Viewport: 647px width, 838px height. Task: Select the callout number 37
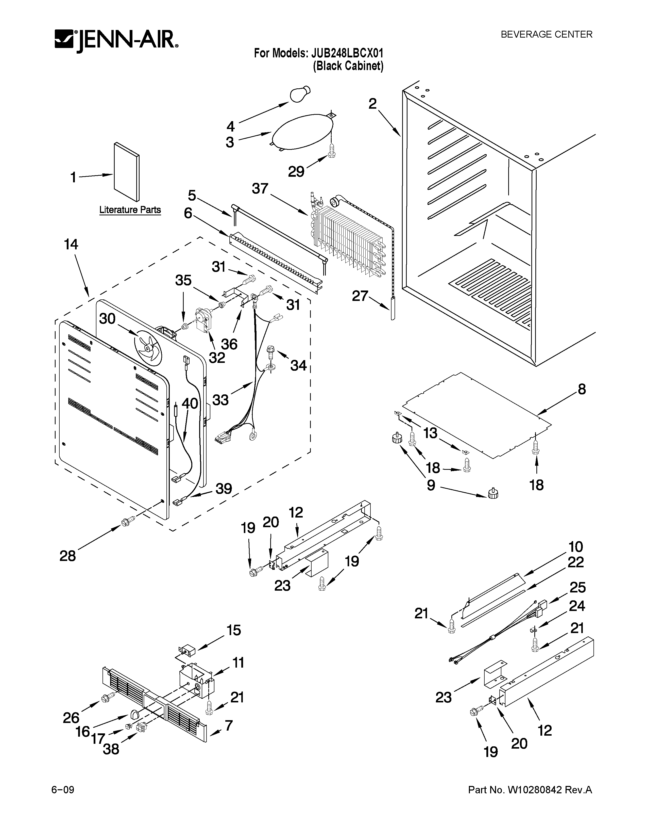260,189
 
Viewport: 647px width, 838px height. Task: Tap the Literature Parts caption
130,210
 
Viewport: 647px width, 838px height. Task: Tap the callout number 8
582,390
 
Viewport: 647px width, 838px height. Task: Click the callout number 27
360,296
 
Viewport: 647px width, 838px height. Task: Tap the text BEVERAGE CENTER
546,35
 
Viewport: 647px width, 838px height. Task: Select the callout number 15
233,630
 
